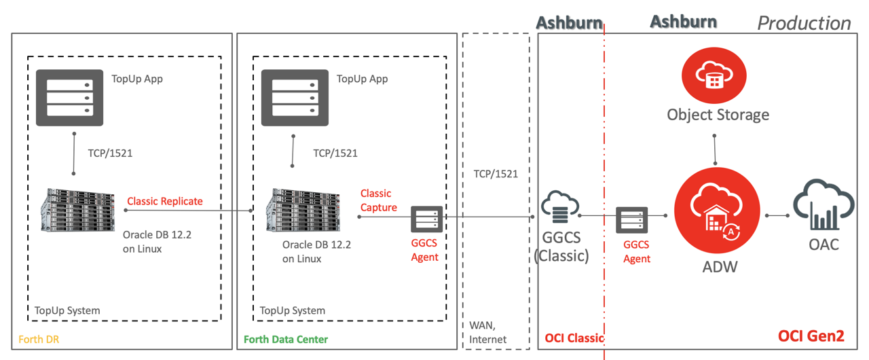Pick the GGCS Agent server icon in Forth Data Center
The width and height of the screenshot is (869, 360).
click(426, 220)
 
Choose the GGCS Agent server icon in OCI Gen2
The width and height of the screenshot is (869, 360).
click(631, 221)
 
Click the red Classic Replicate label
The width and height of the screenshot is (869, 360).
click(165, 201)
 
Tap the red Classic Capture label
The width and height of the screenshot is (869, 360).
click(378, 200)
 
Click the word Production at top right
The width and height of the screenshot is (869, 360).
click(804, 23)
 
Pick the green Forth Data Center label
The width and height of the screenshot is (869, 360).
click(285, 339)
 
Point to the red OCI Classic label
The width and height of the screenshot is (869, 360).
click(574, 338)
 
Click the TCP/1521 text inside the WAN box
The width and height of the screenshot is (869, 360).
click(496, 174)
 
